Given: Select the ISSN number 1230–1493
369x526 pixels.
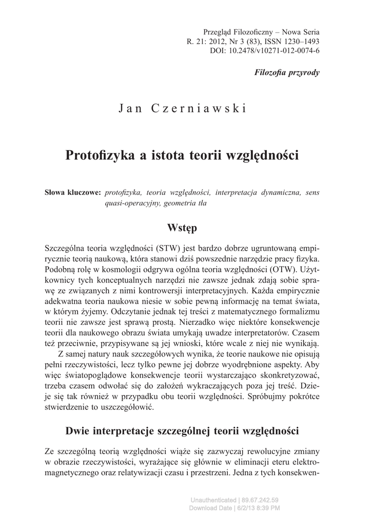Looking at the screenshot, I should point(300,42).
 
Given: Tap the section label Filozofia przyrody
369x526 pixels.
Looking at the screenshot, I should point(287,72).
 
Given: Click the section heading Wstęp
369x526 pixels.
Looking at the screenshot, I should point(183,227).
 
